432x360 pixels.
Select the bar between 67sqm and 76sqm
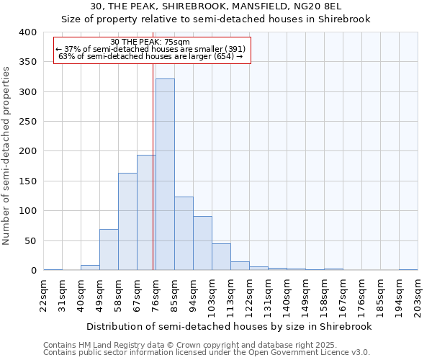pyautogui.click(x=146, y=212)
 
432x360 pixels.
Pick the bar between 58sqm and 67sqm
pyautogui.click(x=127, y=222)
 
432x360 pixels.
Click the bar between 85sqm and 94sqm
pyautogui.click(x=184, y=233)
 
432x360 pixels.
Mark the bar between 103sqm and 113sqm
pyautogui.click(x=221, y=257)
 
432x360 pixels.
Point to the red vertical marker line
pyautogui.click(x=153, y=166)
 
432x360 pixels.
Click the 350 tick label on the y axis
pyautogui.click(x=27, y=63)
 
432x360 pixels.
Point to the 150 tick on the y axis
pyautogui.click(x=27, y=181)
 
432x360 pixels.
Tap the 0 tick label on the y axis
pyautogui.click(x=33, y=271)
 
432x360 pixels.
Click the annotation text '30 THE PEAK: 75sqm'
pyautogui.click(x=150, y=42)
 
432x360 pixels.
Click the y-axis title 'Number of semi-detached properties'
pyautogui.click(x=6, y=155)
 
